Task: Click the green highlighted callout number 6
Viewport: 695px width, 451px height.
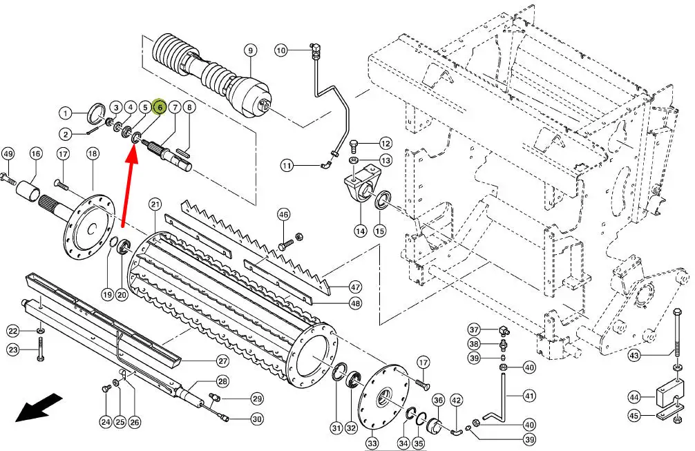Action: tap(159, 107)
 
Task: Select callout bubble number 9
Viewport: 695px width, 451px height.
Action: tap(249, 50)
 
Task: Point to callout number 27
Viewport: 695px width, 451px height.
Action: tap(222, 361)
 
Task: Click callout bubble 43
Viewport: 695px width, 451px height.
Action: tap(635, 356)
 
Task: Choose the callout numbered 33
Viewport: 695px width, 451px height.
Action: tap(372, 443)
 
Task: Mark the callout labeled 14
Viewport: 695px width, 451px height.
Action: tap(360, 231)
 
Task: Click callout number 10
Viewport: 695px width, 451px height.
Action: tap(281, 50)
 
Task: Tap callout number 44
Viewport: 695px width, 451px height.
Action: tap(634, 396)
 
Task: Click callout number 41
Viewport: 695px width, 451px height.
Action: tap(529, 396)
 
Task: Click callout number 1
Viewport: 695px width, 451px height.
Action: tap(65, 113)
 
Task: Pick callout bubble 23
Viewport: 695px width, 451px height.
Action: tap(14, 350)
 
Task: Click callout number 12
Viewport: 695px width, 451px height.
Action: tap(385, 144)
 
